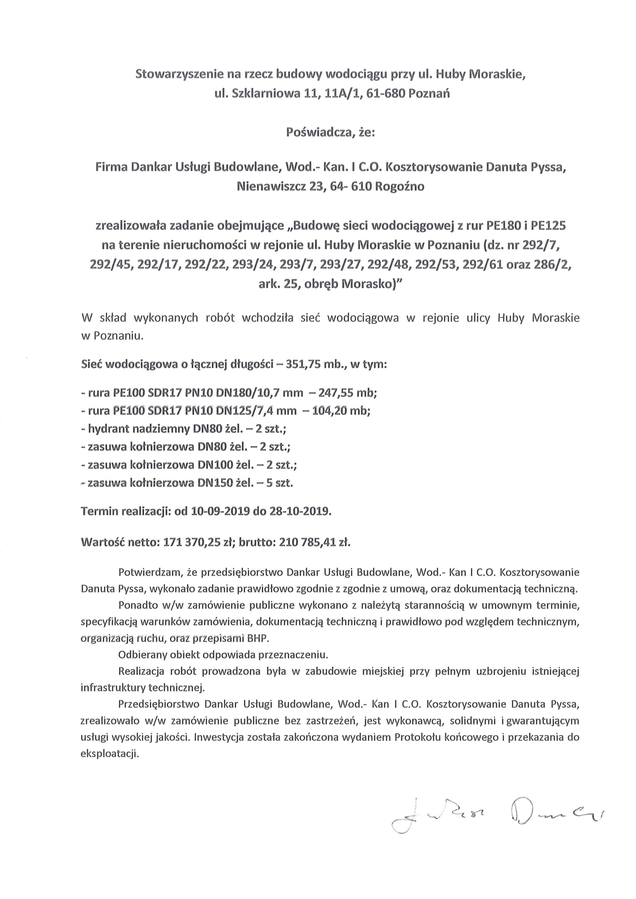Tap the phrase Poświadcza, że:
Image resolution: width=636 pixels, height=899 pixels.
(x=330, y=133)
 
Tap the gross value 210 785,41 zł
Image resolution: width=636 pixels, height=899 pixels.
(x=314, y=542)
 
